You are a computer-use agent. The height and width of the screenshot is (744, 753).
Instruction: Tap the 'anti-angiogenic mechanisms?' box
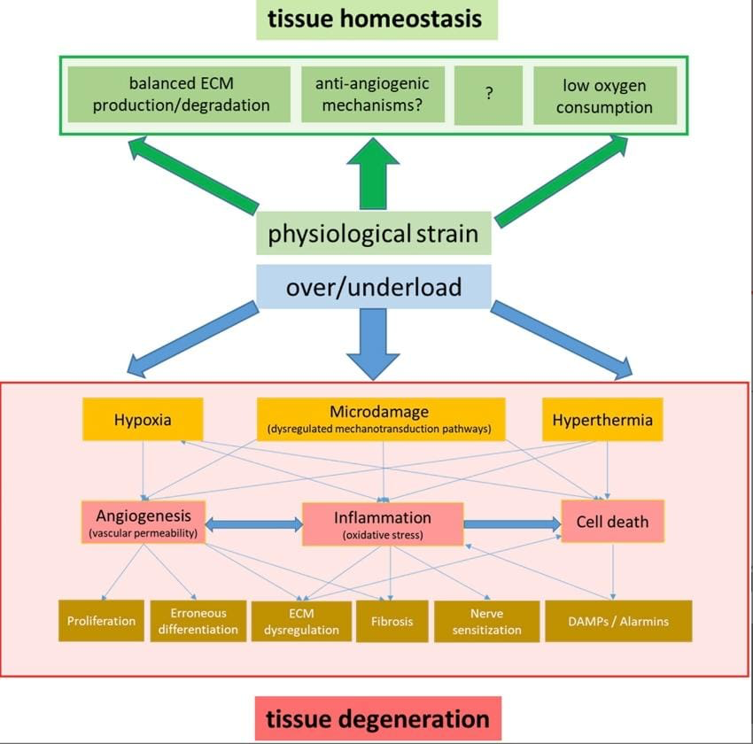372,96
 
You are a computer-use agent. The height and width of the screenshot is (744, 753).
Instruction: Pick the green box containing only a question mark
488,96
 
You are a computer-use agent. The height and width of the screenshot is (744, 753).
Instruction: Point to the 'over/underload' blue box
373,287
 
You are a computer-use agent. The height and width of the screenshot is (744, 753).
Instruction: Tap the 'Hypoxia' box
143,419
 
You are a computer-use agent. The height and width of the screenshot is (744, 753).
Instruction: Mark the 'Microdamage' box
381,419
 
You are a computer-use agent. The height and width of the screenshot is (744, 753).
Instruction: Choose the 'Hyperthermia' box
602,419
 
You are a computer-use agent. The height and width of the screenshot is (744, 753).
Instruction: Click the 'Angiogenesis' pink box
143,523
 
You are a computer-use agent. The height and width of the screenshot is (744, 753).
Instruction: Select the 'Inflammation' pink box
383,523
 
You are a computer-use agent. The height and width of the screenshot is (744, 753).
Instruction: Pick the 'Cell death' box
612,522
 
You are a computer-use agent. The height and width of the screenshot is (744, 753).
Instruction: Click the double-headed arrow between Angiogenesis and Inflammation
253,524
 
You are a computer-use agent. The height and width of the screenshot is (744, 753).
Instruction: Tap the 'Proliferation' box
101,621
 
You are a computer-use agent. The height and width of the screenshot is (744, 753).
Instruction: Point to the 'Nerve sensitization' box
486,621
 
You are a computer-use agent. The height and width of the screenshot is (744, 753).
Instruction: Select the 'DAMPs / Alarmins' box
617,621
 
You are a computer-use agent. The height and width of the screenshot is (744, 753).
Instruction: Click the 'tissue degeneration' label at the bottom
377,717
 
